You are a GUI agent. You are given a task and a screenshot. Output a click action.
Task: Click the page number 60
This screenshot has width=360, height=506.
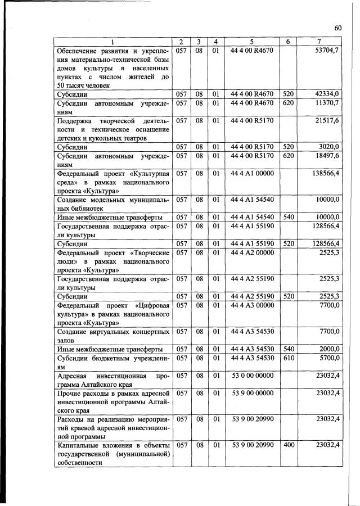[x=338, y=29]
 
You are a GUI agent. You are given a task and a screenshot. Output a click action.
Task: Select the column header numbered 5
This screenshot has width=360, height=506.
[x=252, y=42]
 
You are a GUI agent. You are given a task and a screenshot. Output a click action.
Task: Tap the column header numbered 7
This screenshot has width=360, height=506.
[x=319, y=42]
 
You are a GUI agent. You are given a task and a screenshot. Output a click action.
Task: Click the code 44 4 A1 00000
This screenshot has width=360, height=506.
[x=252, y=173]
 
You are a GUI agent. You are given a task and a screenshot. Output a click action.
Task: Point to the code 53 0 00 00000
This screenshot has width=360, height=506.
[x=252, y=375]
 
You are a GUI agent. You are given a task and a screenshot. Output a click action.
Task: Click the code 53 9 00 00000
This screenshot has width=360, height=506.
[x=252, y=392]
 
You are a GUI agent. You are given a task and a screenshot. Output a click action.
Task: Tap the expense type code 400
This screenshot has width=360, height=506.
[x=288, y=445]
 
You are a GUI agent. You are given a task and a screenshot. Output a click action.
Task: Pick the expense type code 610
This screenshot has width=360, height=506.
[x=288, y=357]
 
